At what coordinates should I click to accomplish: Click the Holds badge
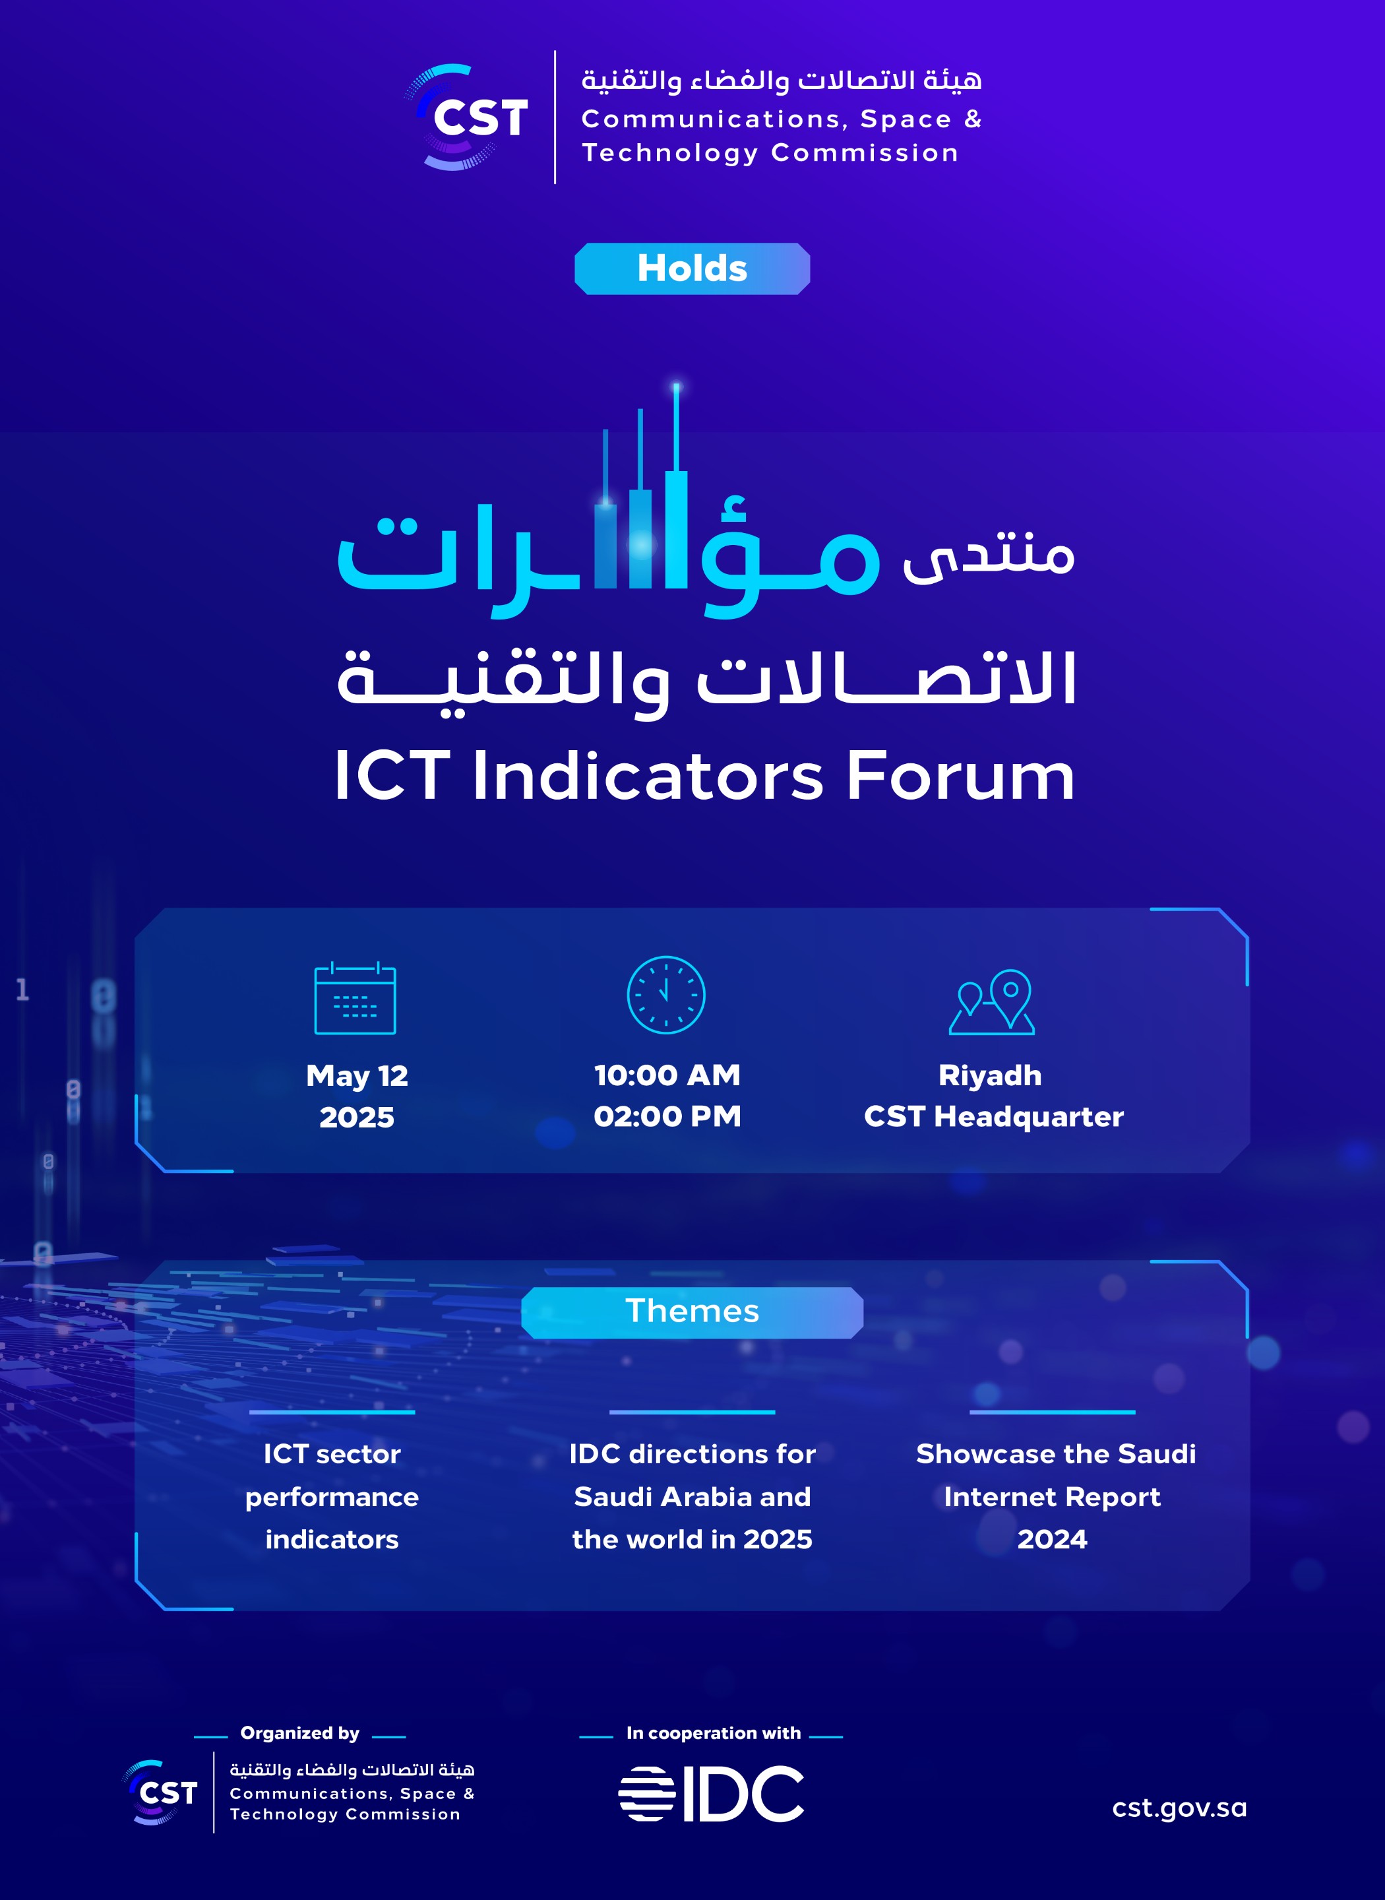pos(692,269)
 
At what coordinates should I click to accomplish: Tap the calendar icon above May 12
pos(355,997)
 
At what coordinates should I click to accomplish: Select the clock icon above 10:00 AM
pos(665,994)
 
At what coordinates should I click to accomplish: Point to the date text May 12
pos(356,1076)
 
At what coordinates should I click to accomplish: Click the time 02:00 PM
pos(667,1116)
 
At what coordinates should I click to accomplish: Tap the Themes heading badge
pos(692,1312)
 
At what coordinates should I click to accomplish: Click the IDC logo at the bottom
pos(711,1794)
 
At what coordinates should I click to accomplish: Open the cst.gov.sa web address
pos(1179,1808)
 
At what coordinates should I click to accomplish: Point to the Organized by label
pos(299,1732)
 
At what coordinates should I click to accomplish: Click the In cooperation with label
pos(714,1732)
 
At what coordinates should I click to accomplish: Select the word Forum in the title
pos(960,776)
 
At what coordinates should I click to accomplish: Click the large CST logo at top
pos(466,117)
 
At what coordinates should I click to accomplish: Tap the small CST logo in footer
pos(160,1792)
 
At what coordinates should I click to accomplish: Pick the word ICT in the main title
pos(392,776)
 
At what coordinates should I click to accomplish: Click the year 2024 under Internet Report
pos(1052,1539)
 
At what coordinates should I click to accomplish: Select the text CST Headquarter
pos(993,1116)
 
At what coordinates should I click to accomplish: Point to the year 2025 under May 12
pos(356,1117)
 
